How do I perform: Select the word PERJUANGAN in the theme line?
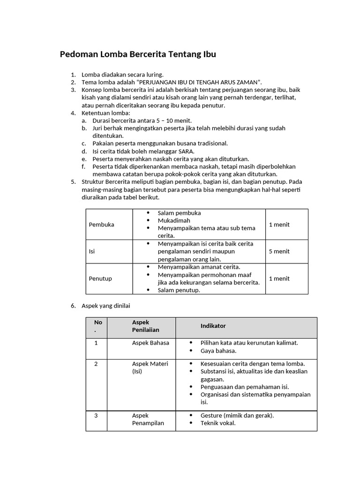tap(160, 82)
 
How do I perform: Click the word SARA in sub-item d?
tap(186, 151)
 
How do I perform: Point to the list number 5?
tap(73, 182)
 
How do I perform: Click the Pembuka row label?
tap(101, 225)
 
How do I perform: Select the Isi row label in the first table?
tap(92, 251)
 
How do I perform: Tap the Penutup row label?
tap(100, 278)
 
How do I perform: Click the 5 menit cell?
tap(279, 251)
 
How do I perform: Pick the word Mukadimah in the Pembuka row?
tap(174, 220)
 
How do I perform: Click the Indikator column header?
tap(213, 326)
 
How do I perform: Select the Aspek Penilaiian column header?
tap(146, 326)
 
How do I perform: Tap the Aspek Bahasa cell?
tap(150, 343)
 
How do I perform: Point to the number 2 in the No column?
tap(96, 364)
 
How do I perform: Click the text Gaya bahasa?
tap(218, 351)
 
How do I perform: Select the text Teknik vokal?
tap(218, 423)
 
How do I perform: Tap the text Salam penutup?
tap(179, 290)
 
